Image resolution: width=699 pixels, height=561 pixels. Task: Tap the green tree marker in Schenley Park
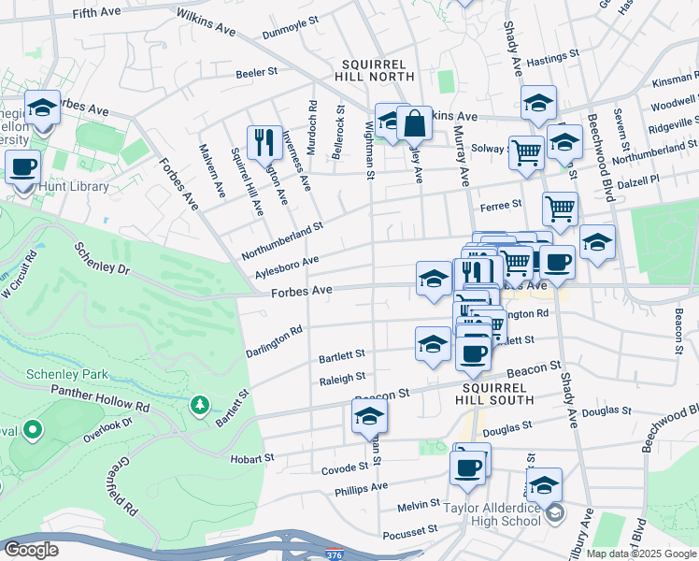click(198, 405)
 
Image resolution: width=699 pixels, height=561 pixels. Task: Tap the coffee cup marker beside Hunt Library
click(22, 169)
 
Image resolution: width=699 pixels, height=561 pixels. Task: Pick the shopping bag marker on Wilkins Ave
click(413, 123)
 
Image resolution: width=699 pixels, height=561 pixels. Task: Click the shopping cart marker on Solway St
click(527, 151)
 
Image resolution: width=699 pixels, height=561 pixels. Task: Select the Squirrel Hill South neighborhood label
click(498, 393)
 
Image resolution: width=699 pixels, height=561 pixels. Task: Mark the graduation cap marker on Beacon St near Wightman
click(369, 416)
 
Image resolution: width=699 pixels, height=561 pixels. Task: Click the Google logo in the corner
click(31, 550)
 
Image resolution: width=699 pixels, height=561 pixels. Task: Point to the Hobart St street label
click(252, 459)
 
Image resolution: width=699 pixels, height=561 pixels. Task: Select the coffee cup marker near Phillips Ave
click(466, 467)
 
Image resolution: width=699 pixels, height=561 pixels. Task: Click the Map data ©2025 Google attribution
click(639, 554)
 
